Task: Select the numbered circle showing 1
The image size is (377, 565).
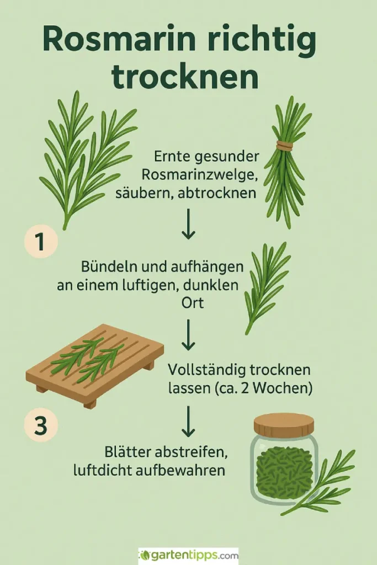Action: coord(41,241)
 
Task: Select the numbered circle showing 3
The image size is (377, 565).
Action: coord(41,426)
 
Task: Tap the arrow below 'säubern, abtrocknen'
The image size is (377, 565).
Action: coord(188,223)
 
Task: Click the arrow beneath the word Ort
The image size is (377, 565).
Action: coord(188,335)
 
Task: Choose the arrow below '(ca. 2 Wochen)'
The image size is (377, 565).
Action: coord(188,421)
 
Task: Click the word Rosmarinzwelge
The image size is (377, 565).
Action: coord(200,175)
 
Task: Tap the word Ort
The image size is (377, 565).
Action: coord(193,303)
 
